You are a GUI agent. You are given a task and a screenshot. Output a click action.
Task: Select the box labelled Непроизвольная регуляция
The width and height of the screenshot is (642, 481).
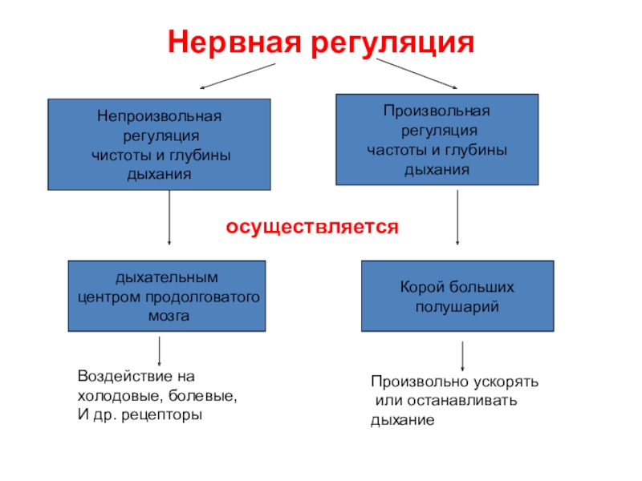pyautogui.click(x=159, y=144)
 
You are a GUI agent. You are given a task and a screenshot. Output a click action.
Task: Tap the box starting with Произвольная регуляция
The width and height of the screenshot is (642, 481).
pyautogui.click(x=437, y=139)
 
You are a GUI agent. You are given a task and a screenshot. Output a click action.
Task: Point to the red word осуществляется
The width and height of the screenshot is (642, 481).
pyautogui.click(x=312, y=227)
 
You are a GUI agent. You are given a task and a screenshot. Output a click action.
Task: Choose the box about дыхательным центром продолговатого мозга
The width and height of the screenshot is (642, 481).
pyautogui.click(x=168, y=296)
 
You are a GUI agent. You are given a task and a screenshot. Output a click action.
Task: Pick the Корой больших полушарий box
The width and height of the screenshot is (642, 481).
pyautogui.click(x=457, y=296)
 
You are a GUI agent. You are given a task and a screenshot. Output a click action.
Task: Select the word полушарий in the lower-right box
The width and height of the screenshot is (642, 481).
pyautogui.click(x=457, y=306)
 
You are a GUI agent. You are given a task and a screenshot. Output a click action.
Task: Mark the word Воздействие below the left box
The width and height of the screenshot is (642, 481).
pyautogui.click(x=117, y=375)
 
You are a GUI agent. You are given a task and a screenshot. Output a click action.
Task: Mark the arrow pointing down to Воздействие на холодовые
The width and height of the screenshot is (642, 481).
pyautogui.click(x=159, y=351)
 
